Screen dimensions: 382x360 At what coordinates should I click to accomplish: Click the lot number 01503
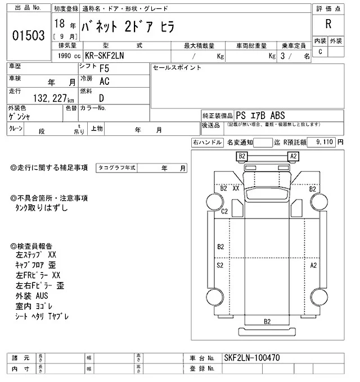[x=28, y=35]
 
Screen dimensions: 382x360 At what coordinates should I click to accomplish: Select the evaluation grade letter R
[x=328, y=25]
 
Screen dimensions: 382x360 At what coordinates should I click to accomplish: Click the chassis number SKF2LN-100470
[x=251, y=357]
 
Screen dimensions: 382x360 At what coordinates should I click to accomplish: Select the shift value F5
[x=105, y=69]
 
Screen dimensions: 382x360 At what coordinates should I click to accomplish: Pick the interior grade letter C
[x=320, y=52]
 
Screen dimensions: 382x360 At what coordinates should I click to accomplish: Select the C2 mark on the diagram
[x=224, y=211]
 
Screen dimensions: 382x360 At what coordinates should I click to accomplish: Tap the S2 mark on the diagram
[x=220, y=264]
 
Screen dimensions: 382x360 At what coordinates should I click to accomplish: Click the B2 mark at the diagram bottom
[x=267, y=321]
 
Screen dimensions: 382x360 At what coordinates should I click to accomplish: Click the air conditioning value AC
[x=105, y=81]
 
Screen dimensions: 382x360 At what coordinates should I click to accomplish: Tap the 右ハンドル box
[x=208, y=143]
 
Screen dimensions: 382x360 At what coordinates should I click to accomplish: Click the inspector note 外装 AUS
[x=33, y=295]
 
